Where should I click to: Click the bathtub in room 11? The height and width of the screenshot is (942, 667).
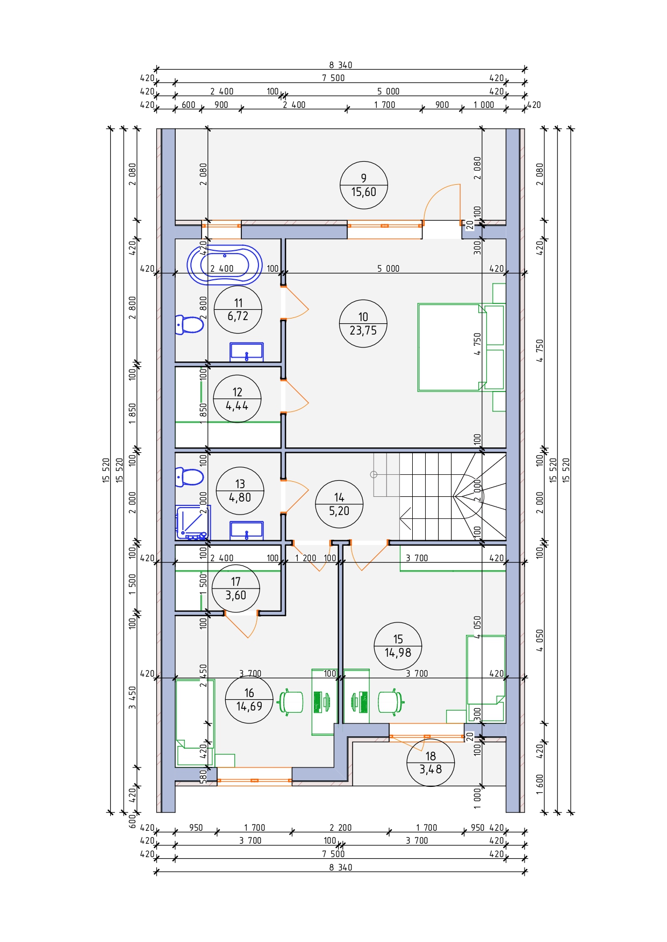pos(225,265)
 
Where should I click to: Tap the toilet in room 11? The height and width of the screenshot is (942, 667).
pos(190,325)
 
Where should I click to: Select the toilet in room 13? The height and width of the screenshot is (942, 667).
pos(190,476)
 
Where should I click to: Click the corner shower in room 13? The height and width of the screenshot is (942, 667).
pos(192,523)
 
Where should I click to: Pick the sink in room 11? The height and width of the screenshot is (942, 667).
pos(247,352)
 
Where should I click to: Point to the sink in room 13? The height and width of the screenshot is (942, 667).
pos(247,531)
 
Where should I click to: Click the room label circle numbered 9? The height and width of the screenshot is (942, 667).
pos(364,185)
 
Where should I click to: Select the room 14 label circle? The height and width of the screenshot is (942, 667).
pos(339,504)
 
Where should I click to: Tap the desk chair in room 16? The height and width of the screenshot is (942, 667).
pos(291,701)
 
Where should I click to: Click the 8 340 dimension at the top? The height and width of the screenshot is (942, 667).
pos(341,65)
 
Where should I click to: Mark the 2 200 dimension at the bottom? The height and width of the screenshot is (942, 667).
pos(340,828)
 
